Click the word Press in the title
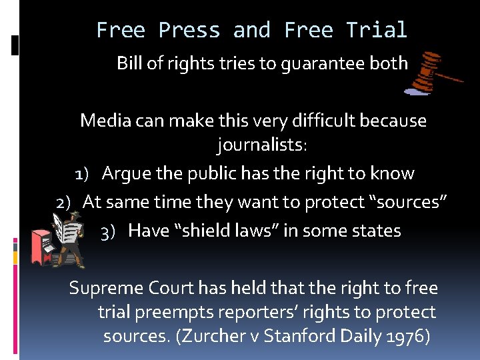point(189,30)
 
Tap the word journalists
point(261,144)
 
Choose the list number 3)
point(108,232)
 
